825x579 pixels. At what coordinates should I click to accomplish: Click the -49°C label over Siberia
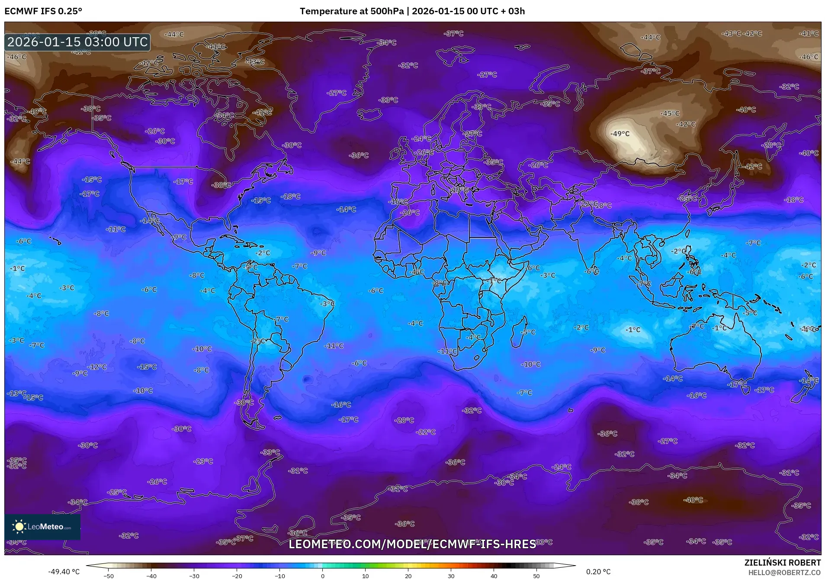click(620, 134)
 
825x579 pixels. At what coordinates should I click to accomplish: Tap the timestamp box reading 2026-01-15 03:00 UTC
click(77, 42)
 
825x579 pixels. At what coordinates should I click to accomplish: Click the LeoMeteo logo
click(42, 527)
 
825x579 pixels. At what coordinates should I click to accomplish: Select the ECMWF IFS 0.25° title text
click(43, 11)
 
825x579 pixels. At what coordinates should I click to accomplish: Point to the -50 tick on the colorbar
click(109, 576)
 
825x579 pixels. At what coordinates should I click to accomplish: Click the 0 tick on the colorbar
click(322, 576)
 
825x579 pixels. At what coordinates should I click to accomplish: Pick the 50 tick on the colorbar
click(536, 576)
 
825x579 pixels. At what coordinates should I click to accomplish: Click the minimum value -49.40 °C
click(64, 572)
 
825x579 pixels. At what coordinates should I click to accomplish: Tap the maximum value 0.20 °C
click(598, 572)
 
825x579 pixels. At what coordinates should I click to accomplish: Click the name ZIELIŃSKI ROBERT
click(782, 563)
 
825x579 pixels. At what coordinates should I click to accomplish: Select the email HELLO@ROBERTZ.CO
click(784, 573)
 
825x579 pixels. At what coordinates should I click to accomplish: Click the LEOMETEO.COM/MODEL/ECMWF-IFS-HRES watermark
click(412, 544)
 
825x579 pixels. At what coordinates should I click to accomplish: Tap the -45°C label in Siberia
click(670, 113)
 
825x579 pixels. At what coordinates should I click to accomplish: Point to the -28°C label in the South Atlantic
click(404, 420)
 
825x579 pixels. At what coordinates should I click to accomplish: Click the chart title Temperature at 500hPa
click(351, 11)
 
